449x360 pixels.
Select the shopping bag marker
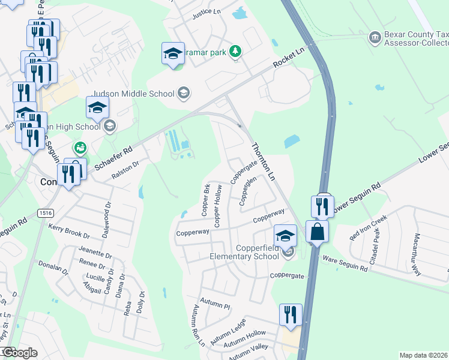coord(316,231)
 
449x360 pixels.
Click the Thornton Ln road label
coord(262,162)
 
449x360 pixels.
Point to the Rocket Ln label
coord(289,57)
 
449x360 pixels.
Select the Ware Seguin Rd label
coord(345,265)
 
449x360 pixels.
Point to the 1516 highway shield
coord(44,213)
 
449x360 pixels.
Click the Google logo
coord(19,353)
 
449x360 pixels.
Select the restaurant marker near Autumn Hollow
coord(291,314)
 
